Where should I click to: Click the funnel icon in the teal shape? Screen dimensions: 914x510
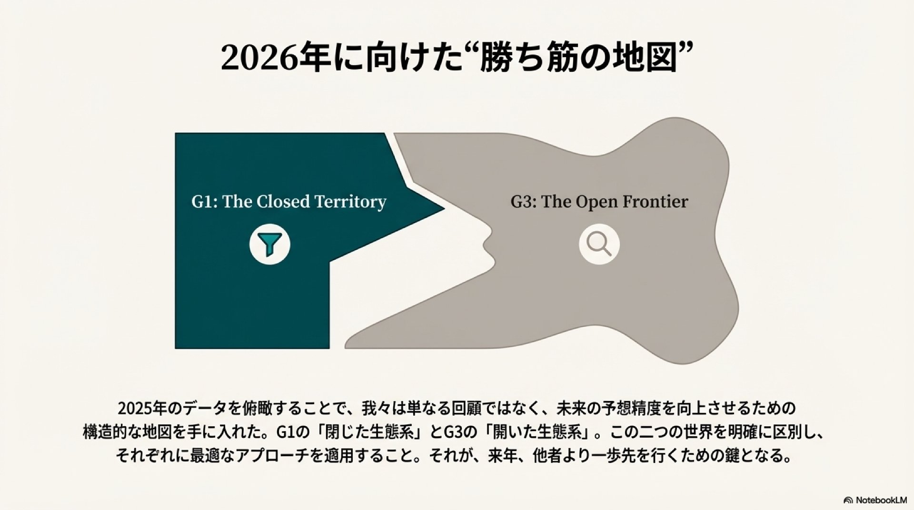(269, 244)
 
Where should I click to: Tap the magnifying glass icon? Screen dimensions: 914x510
(599, 244)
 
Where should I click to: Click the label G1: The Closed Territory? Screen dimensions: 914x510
(288, 202)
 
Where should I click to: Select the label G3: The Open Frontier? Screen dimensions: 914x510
(599, 202)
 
